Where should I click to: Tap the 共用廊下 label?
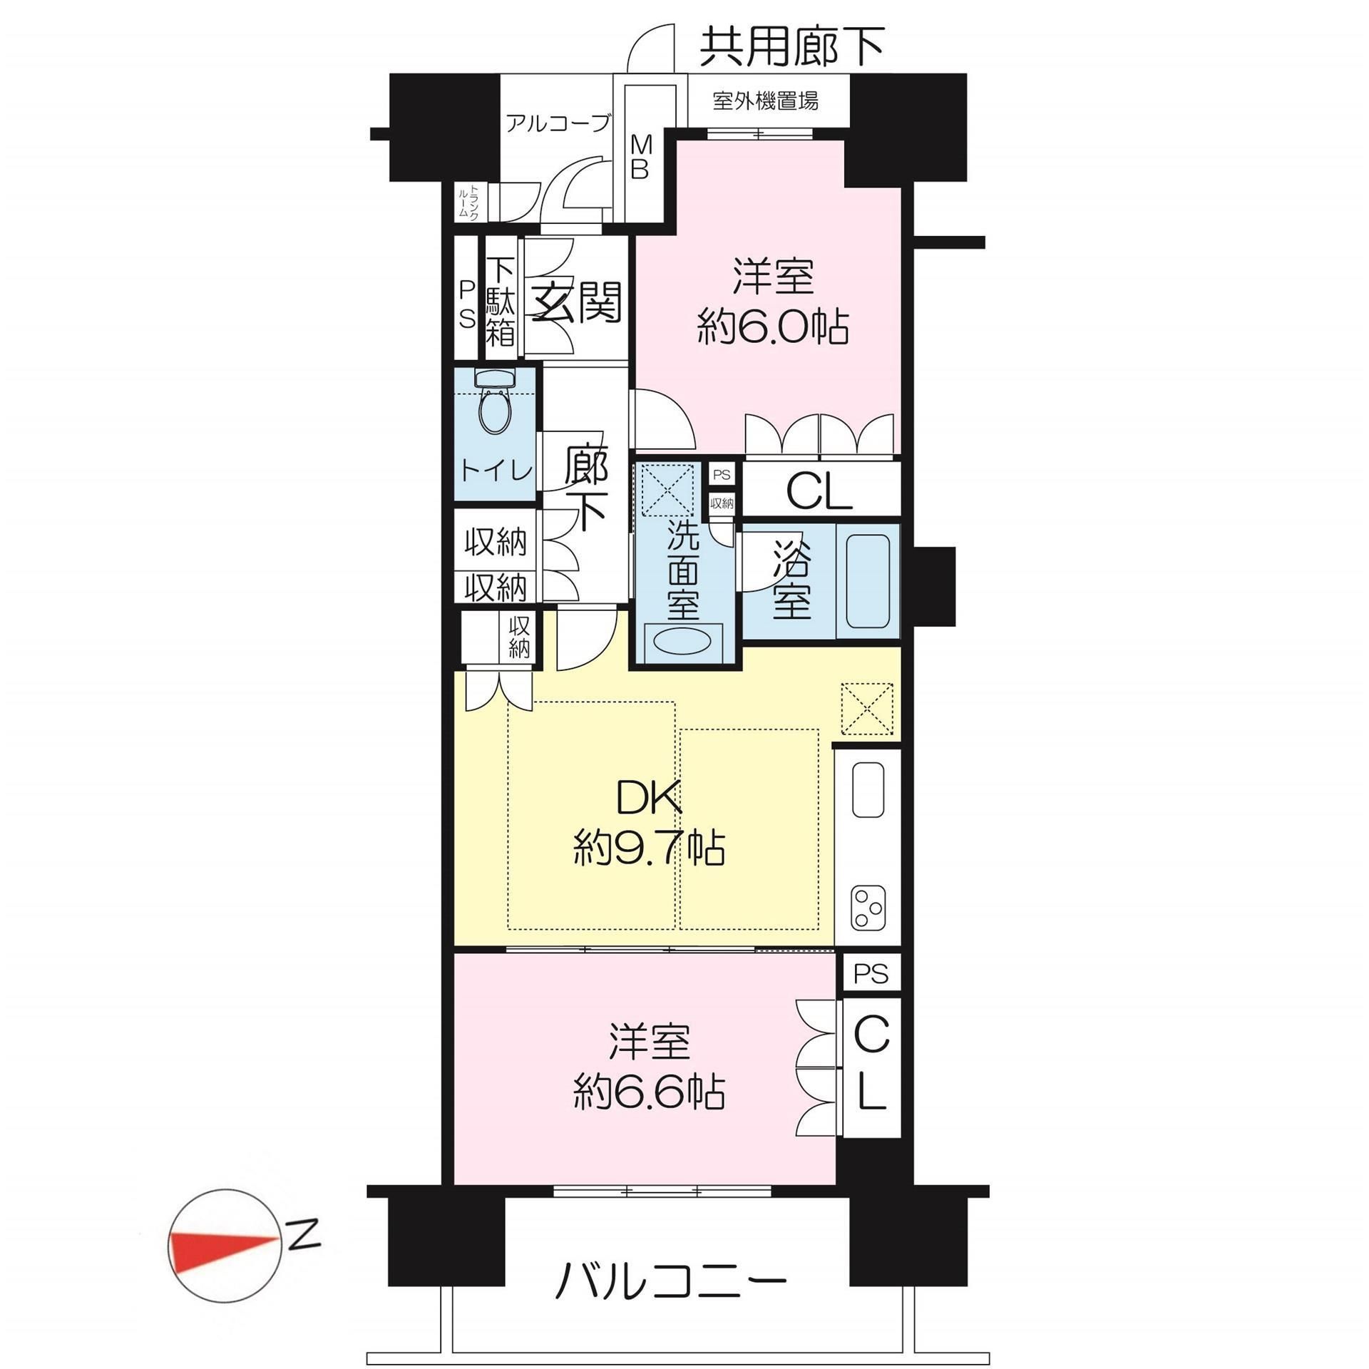pos(791,46)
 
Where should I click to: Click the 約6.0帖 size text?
pos(773,329)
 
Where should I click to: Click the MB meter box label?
pos(640,158)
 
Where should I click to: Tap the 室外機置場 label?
pos(765,101)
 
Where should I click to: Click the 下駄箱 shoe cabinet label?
pos(500,302)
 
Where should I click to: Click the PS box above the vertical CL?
pos(871,973)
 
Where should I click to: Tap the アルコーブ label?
pos(558,123)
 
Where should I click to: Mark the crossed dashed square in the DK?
pos(866,708)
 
